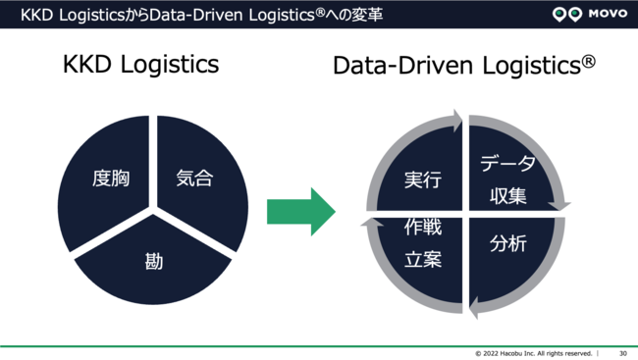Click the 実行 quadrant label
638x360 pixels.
[422, 180]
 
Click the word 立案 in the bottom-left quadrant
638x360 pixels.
[423, 260]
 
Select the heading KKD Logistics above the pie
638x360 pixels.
[140, 65]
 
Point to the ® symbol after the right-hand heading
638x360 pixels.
[588, 60]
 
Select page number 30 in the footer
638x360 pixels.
[622, 353]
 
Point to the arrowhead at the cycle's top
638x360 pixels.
[456, 123]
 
